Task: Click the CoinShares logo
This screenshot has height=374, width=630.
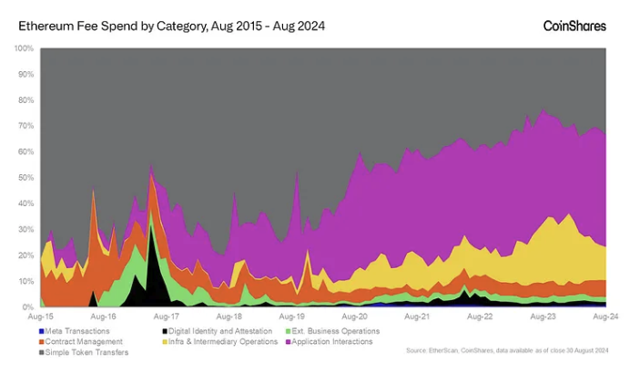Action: [574, 26]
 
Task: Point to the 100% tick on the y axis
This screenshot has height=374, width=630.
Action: [25, 47]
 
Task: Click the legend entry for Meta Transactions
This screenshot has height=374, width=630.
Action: [77, 330]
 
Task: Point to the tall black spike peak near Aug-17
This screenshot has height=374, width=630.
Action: [151, 225]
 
